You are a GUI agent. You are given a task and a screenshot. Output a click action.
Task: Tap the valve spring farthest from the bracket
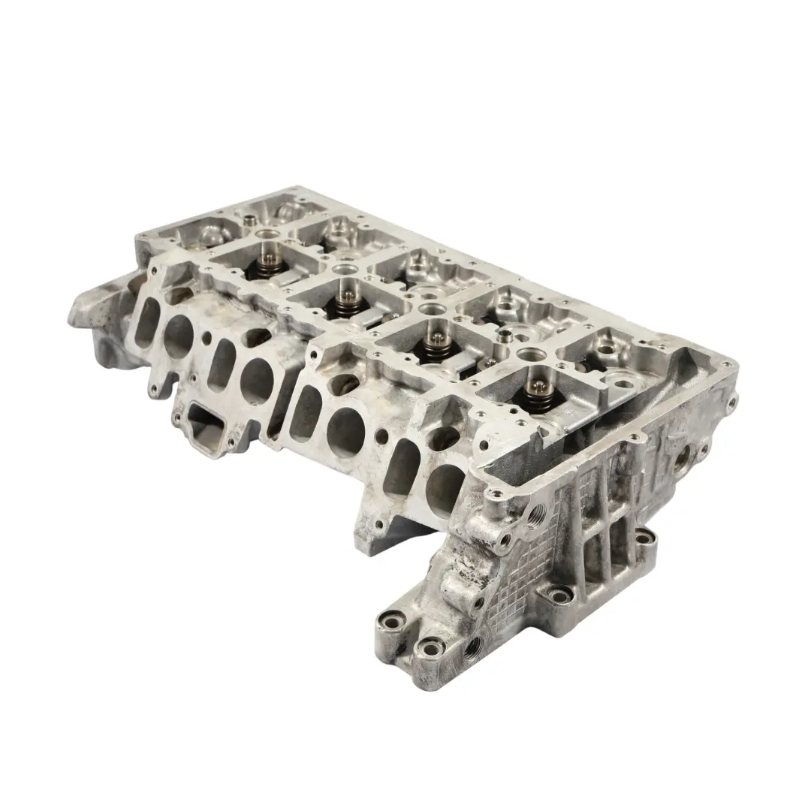[x=270, y=262]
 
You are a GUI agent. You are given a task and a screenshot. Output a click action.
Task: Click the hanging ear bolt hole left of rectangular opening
[x=155, y=390]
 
